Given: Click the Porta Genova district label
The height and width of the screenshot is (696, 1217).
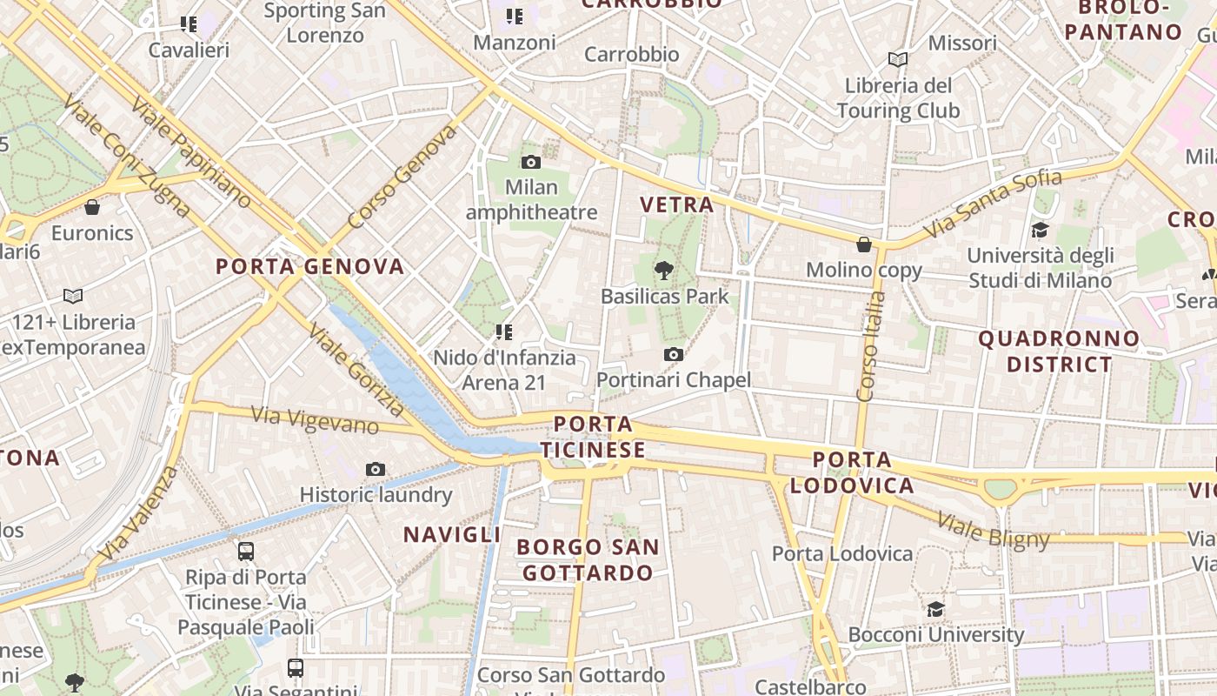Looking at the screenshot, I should click(x=309, y=266).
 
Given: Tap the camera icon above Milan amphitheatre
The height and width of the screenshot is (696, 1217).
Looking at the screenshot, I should click(x=531, y=162).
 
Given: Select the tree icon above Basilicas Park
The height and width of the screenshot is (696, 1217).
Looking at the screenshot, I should click(x=665, y=270).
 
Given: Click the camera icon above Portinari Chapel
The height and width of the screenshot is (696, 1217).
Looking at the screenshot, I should click(x=673, y=354).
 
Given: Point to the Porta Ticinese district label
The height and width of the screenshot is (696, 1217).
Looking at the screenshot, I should click(x=593, y=438).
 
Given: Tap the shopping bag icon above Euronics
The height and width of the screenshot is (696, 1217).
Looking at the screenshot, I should click(x=92, y=207).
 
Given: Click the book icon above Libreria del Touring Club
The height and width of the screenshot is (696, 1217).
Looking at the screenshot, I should click(x=898, y=59).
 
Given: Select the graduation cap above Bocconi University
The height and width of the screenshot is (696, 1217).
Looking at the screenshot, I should click(x=935, y=609).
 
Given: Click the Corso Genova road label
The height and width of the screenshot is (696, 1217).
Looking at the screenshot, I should click(x=402, y=177).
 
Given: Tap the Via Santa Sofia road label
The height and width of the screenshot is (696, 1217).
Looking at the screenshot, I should click(x=992, y=204).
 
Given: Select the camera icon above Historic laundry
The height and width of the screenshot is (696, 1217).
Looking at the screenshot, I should click(x=376, y=470).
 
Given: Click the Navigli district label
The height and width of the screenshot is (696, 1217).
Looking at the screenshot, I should click(x=452, y=534).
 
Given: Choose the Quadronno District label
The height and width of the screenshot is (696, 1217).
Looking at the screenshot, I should click(x=1059, y=351).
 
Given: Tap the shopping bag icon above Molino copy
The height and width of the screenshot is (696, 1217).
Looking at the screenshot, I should click(x=864, y=244).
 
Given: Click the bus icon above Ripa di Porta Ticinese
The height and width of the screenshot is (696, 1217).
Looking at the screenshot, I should click(x=246, y=551).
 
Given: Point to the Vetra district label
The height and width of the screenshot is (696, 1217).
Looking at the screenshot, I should click(x=676, y=204).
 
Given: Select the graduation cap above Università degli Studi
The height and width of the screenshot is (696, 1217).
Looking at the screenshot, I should click(x=1040, y=230).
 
